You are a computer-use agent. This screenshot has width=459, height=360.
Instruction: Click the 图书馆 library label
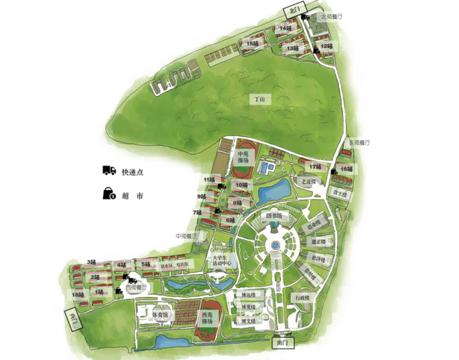(x=275, y=215)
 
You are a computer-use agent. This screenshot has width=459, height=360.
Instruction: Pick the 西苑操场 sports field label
(x=208, y=317)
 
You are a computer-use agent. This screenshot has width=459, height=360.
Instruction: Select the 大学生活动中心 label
(x=219, y=261)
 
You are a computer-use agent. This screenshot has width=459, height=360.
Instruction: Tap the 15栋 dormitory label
(x=252, y=44)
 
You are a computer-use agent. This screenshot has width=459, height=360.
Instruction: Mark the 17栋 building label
(x=316, y=166)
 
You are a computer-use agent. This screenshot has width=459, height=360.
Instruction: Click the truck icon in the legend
(x=109, y=171)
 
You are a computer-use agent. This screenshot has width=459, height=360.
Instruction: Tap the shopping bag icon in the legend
(x=109, y=193)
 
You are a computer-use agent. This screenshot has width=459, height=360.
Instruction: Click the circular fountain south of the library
(x=275, y=246)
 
